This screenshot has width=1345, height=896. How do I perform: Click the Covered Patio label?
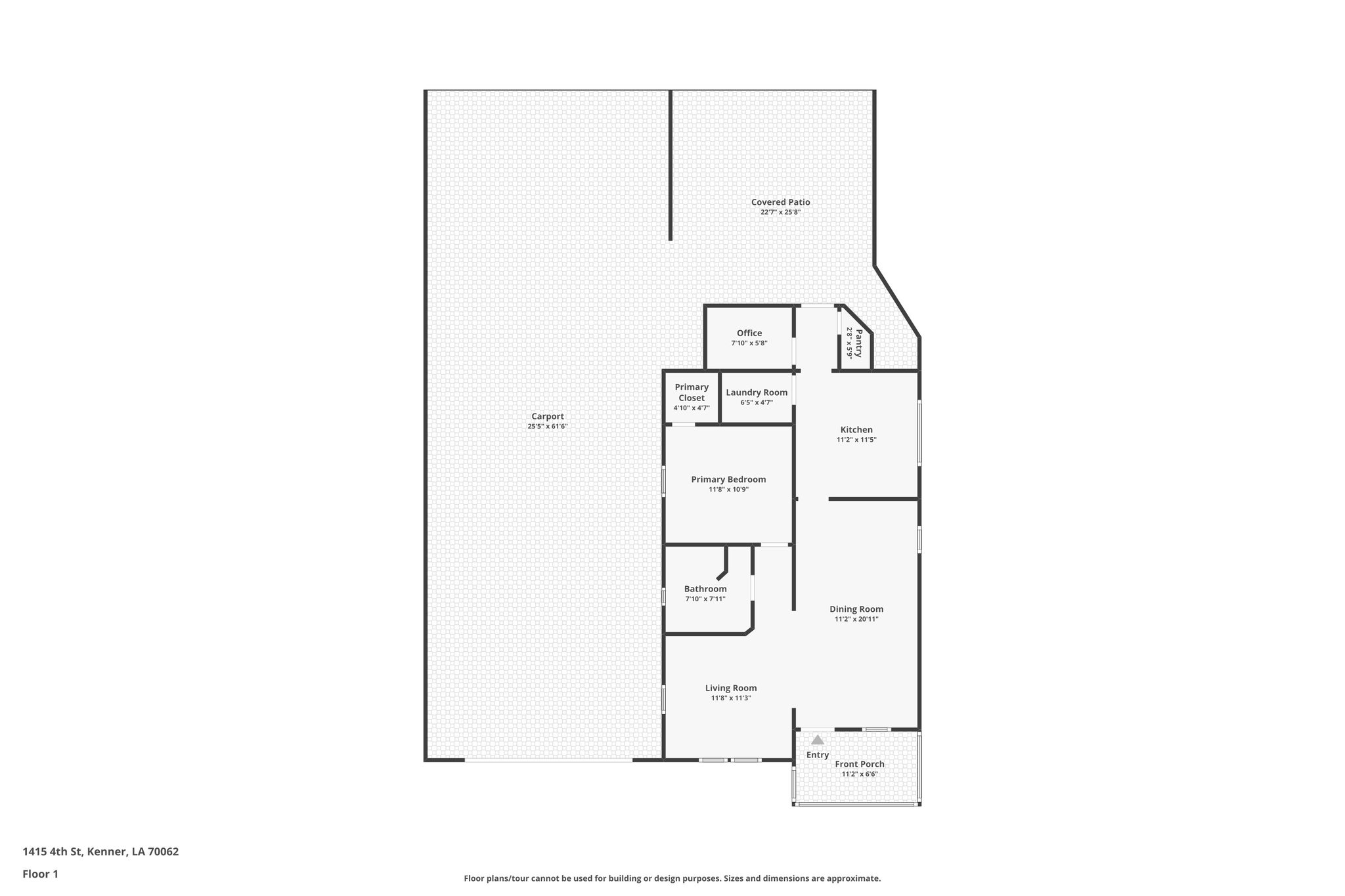[780, 202]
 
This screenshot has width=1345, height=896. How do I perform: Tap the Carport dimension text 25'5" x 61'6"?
[547, 427]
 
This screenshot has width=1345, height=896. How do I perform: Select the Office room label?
[749, 333]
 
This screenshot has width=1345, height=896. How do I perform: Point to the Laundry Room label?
[756, 393]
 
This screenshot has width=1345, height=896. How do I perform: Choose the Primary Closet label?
[691, 393]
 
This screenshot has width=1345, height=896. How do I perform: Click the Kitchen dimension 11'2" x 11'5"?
[856, 440]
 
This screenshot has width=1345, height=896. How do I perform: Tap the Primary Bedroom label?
[728, 479]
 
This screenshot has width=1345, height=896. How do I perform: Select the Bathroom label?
[705, 589]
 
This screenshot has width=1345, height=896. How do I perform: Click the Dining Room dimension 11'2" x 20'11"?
[856, 619]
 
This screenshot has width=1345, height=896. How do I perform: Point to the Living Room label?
[730, 688]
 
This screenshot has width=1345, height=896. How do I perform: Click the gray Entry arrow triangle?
[817, 740]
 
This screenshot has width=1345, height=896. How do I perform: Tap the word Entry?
[817, 755]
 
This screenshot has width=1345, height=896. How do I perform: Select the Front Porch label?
[859, 764]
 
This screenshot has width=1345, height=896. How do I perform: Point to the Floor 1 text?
[40, 874]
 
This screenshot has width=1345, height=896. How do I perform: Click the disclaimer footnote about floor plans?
[672, 878]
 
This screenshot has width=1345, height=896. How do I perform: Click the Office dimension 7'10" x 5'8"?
[749, 343]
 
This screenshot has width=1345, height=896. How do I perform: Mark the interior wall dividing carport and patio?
[670, 164]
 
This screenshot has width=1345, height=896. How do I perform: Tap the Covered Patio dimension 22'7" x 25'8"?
[780, 212]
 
